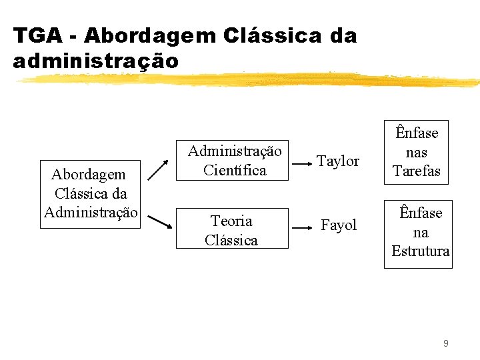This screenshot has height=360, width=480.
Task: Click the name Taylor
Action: coord(338,161)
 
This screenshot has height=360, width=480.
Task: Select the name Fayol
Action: coord(339,225)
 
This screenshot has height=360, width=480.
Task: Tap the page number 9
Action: coord(445,343)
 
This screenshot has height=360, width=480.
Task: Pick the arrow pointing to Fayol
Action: coord(303,227)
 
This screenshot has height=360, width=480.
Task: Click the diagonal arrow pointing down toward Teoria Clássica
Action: coord(158,222)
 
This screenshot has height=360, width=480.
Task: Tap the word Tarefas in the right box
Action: coord(417,171)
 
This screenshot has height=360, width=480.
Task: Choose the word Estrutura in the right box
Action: coord(420,251)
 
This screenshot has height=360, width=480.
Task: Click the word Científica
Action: coord(235,170)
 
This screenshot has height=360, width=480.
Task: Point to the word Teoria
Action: coord(231,221)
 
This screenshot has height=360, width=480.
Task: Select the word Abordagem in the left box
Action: coord(89,175)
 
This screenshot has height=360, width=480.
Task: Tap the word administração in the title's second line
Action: coord(96,61)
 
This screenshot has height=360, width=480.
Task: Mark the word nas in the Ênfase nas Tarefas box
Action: coord(417,152)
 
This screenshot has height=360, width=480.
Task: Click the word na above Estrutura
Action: coord(420,232)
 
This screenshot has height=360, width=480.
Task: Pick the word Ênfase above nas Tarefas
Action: coord(417,133)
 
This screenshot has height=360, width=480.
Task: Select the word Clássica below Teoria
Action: coord(231,240)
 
